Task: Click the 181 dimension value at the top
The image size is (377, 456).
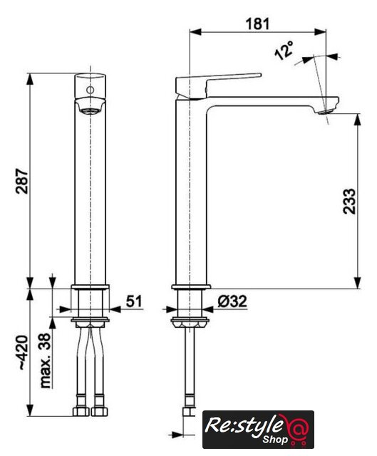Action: (x=258, y=24)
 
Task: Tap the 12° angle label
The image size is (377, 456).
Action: (x=284, y=51)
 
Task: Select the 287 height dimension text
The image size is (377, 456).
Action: (x=22, y=180)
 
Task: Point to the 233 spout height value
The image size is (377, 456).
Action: (x=349, y=201)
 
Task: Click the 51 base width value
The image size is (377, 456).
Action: (x=134, y=301)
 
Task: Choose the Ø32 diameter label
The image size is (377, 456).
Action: (x=232, y=301)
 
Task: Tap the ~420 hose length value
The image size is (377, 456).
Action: (x=23, y=353)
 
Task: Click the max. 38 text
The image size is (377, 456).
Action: (x=46, y=361)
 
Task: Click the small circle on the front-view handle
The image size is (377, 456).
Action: (x=91, y=90)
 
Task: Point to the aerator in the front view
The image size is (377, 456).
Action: (x=91, y=111)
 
